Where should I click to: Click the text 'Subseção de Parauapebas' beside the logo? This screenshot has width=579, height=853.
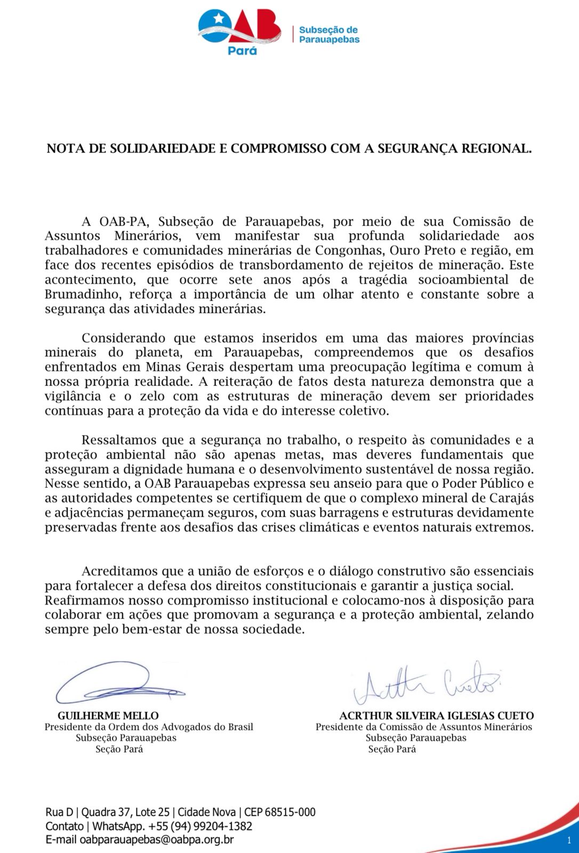click(329, 35)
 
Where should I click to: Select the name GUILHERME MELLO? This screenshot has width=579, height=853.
click(108, 715)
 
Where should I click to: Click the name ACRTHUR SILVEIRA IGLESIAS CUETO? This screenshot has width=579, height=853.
click(437, 715)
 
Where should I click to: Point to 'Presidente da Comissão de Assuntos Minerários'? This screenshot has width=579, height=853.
click(424, 727)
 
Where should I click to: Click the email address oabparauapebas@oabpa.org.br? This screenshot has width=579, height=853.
click(157, 840)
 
